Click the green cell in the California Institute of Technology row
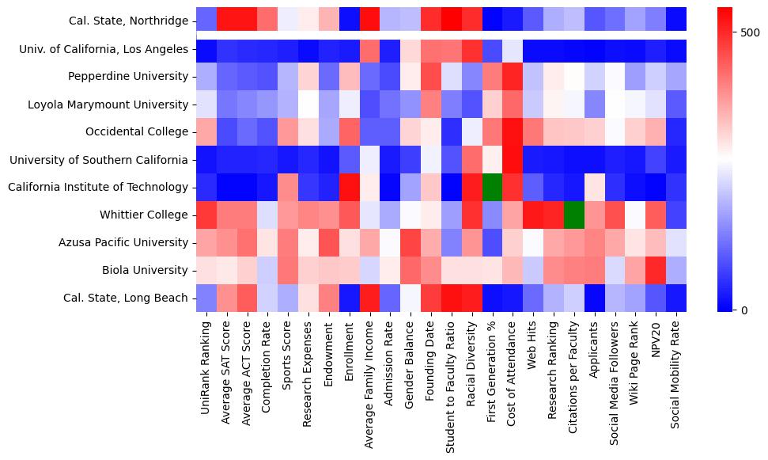pos(492,188)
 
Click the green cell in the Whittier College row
pos(574,215)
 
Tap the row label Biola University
pos(146,271)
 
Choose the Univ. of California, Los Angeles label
pos(104,49)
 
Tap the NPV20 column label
pos(656,341)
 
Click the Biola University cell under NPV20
pos(656,271)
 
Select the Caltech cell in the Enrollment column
pos(349,188)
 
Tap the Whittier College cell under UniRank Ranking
pos(206,215)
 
